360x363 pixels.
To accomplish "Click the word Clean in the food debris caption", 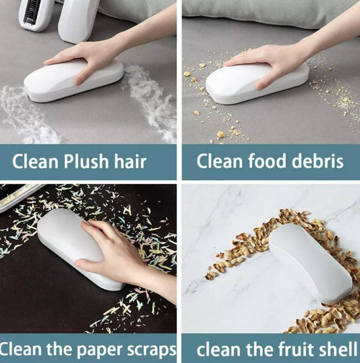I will tap(216, 162).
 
